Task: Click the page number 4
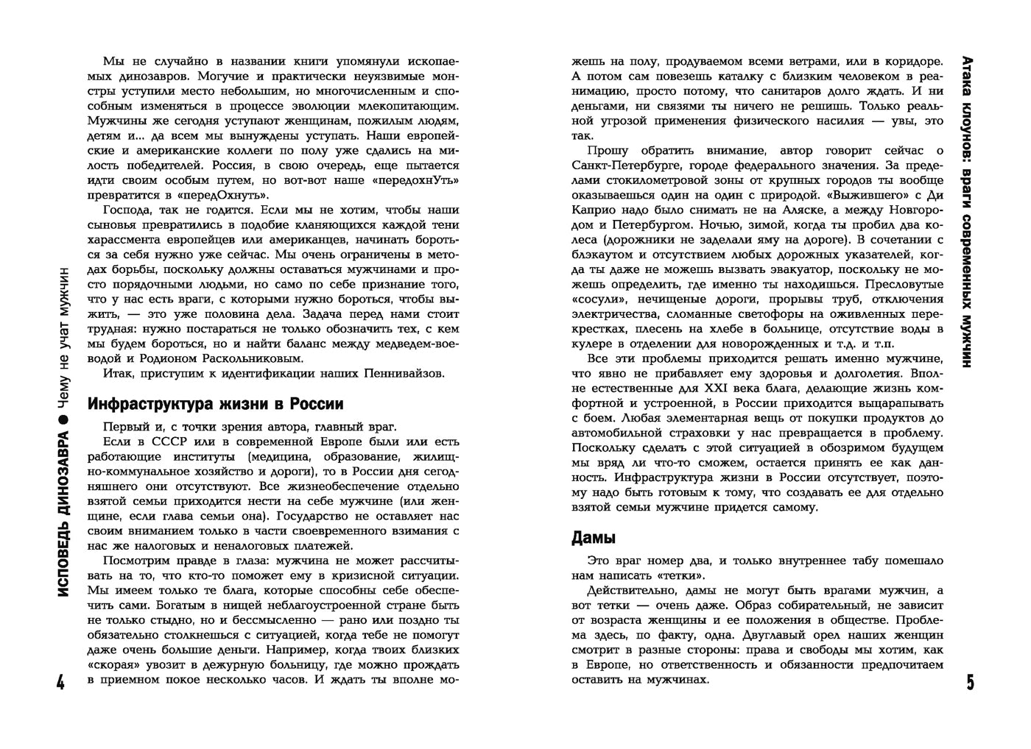point(61,683)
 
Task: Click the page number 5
point(970,683)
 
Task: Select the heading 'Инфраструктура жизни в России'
point(216,404)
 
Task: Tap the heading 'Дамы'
point(594,538)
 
